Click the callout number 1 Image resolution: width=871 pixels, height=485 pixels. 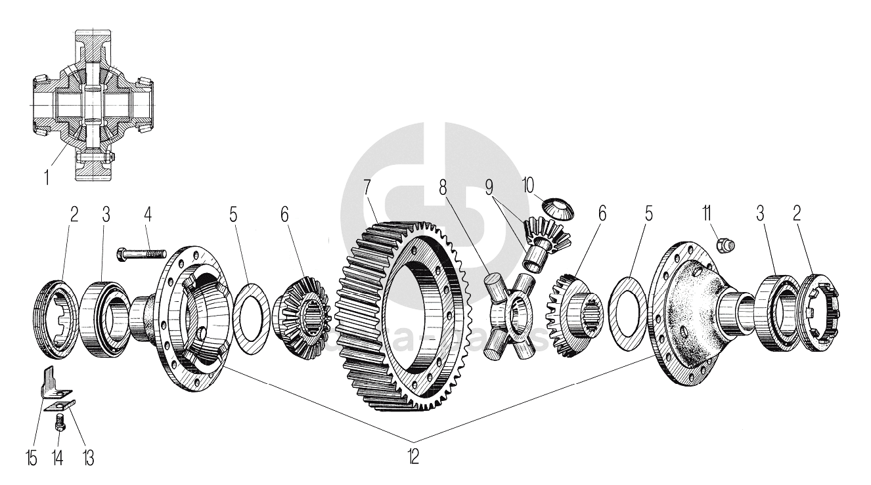pos(46,177)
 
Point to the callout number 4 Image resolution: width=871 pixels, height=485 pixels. pos(147,216)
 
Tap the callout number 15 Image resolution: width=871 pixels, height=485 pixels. pos(32,457)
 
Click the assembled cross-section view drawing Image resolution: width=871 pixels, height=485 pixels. pos(92,105)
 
